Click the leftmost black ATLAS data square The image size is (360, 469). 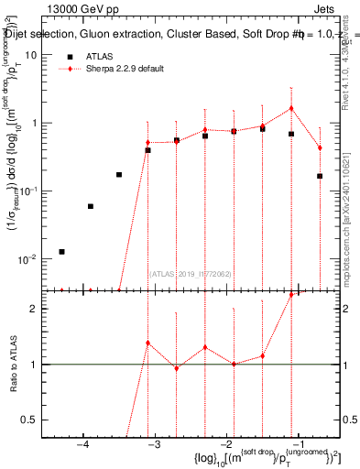coord(61,251)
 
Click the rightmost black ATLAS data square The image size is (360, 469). coord(320,176)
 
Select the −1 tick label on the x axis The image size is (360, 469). coord(297,445)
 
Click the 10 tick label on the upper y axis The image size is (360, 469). coord(30,55)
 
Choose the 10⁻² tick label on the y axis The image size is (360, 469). coord(27,259)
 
